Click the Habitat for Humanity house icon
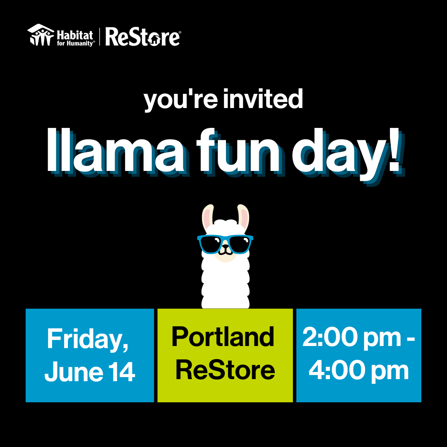[41, 36]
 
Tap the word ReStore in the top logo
[142, 37]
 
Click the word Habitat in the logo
[75, 33]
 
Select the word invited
[263, 100]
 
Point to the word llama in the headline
[116, 151]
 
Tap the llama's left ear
[208, 217]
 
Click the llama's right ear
[243, 217]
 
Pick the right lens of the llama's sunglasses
[239, 244]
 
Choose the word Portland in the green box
[223, 337]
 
